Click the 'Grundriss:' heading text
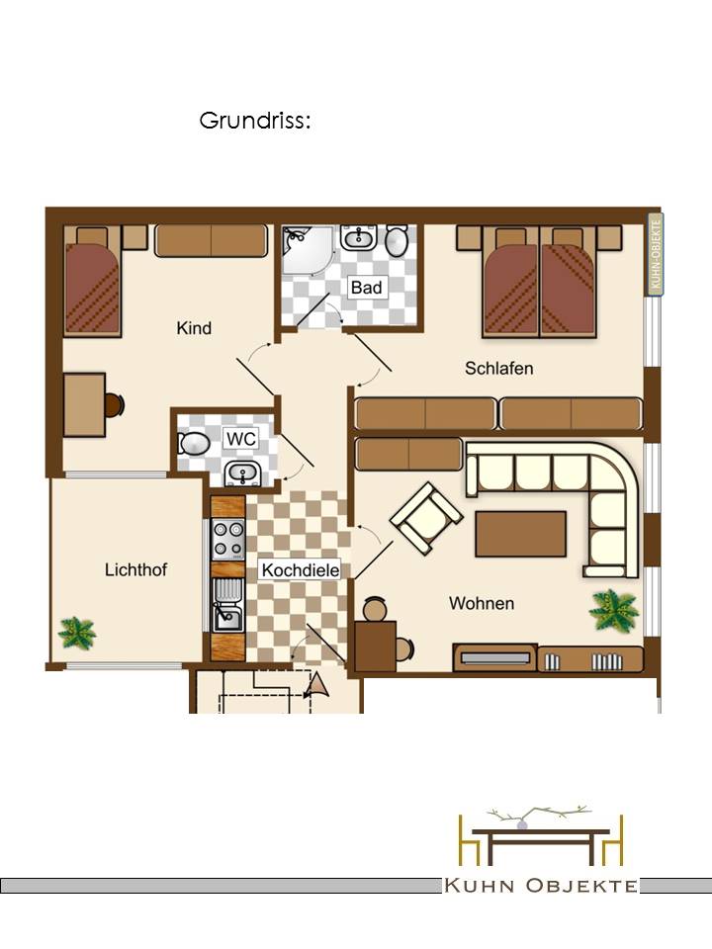click(255, 121)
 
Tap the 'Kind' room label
click(194, 328)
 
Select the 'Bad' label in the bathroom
click(366, 287)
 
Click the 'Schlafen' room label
click(498, 368)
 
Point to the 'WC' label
click(241, 438)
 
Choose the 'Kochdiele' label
click(301, 569)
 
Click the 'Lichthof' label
click(135, 569)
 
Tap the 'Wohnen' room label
click(482, 603)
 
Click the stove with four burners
click(228, 540)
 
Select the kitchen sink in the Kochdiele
click(228, 605)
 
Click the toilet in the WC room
click(194, 443)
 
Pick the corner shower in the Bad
click(307, 250)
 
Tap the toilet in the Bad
click(398, 240)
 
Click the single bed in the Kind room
click(93, 282)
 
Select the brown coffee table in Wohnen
click(521, 534)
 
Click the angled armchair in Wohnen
click(426, 517)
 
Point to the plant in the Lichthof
click(76, 633)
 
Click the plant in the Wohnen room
click(614, 610)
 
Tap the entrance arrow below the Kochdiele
click(317, 685)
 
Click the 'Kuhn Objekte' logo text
click(541, 886)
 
